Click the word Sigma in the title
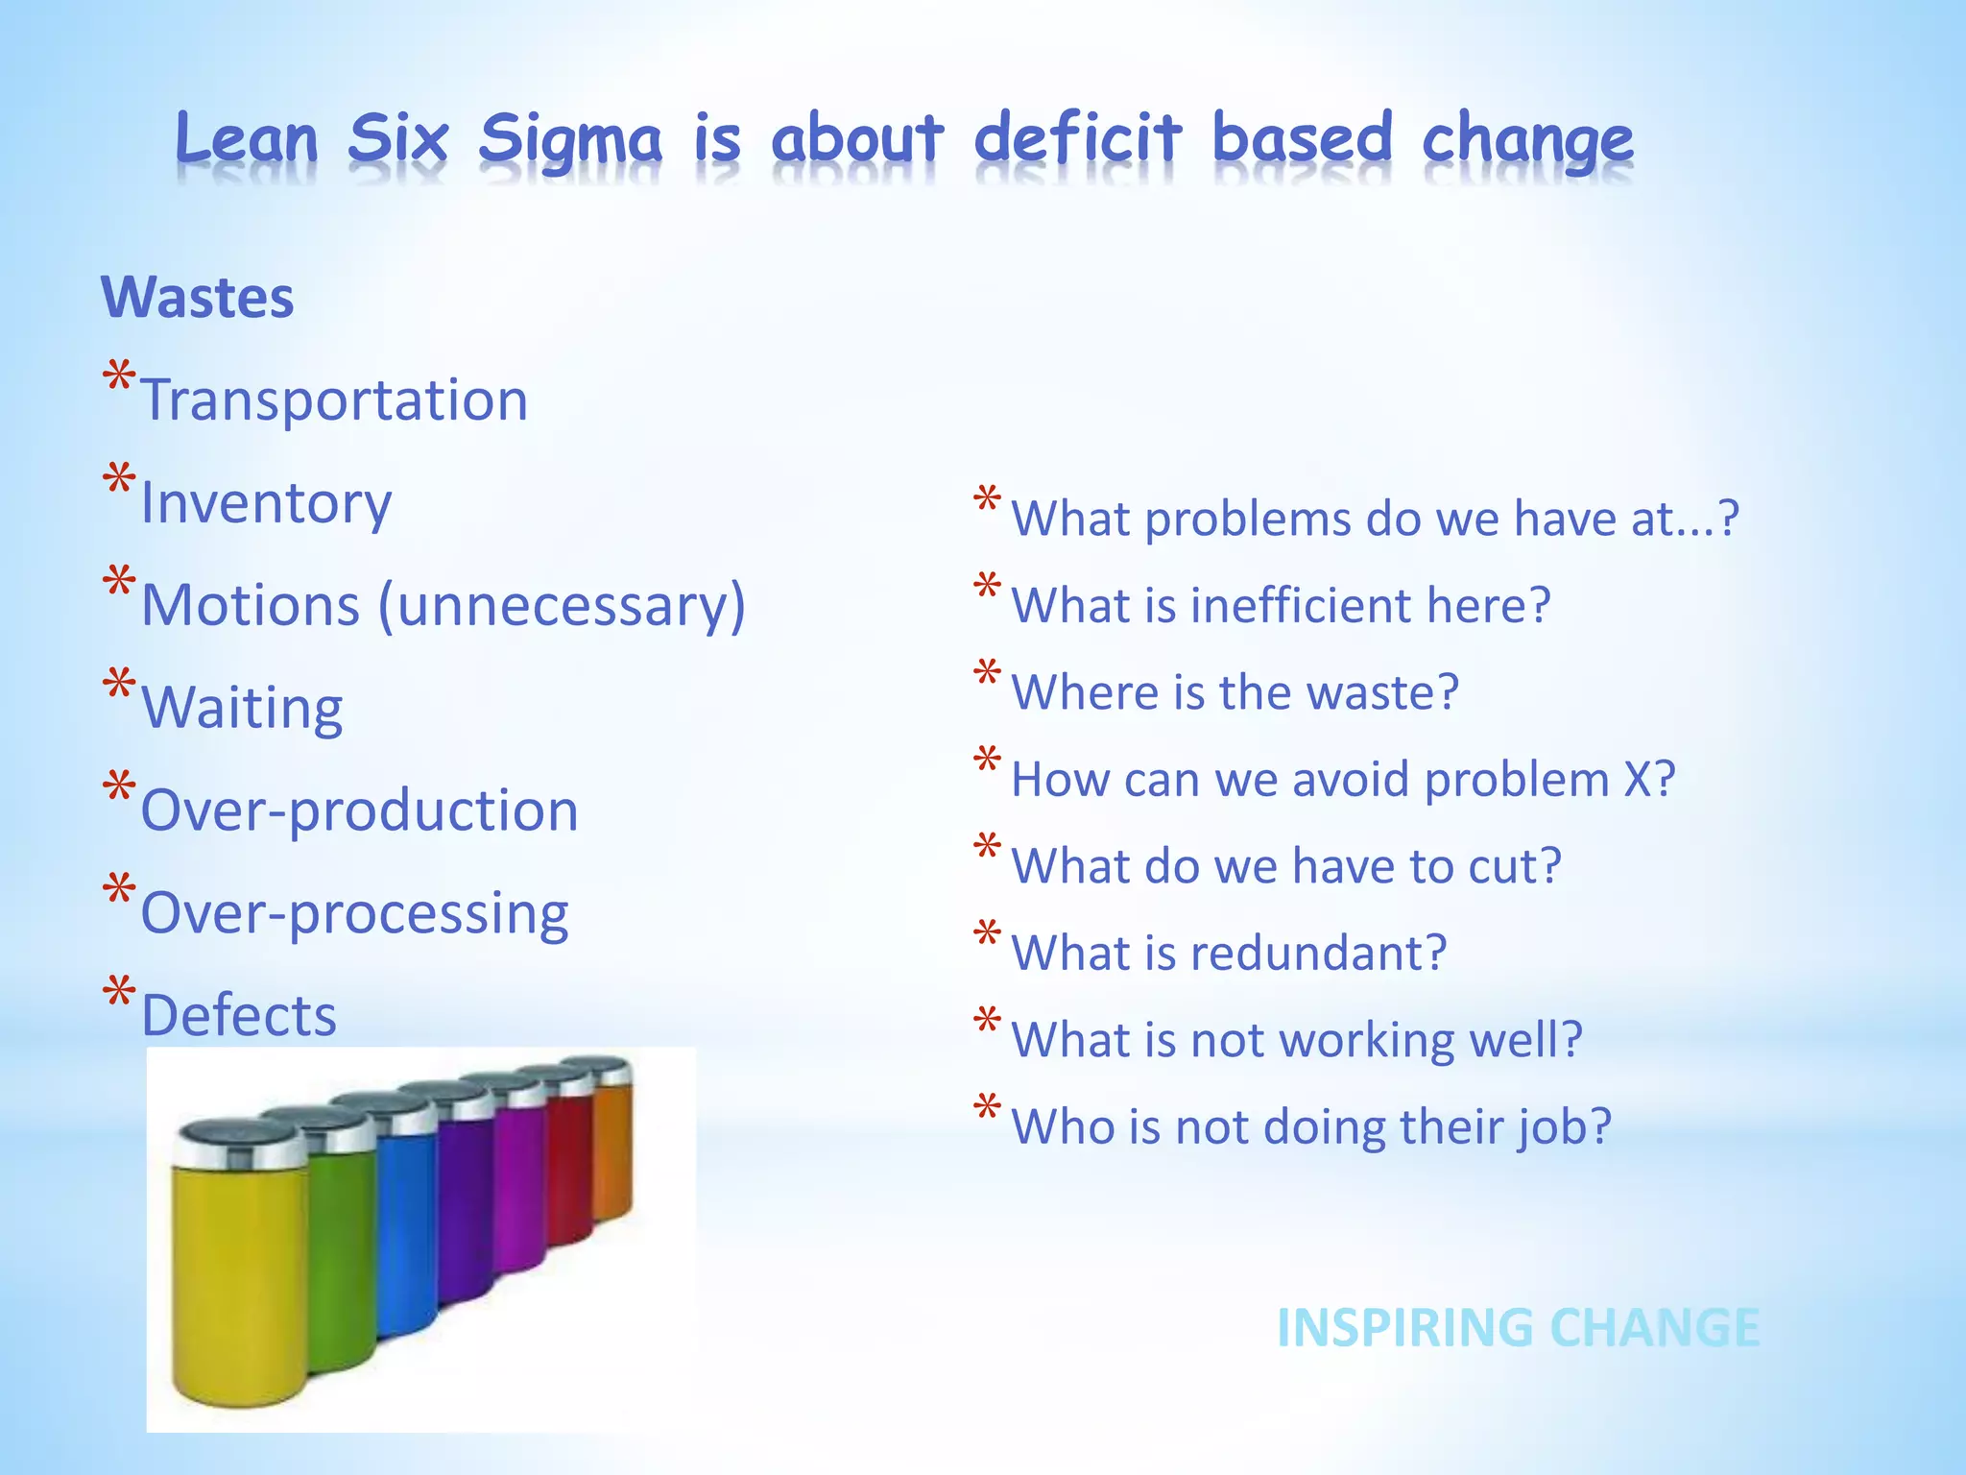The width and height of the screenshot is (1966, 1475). [570, 139]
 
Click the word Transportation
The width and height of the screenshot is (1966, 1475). [334, 400]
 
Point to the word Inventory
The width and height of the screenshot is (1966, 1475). [266, 503]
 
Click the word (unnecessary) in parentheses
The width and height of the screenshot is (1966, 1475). [562, 606]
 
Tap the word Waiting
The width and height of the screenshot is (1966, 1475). [242, 709]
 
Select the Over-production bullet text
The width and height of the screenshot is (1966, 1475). [359, 810]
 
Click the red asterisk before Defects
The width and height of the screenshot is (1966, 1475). [119, 994]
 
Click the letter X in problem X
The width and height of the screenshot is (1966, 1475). [1637, 779]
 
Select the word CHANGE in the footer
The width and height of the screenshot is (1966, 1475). [1655, 1328]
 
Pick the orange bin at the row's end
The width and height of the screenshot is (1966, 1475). [612, 1143]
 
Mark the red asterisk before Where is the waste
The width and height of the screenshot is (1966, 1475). [987, 674]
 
